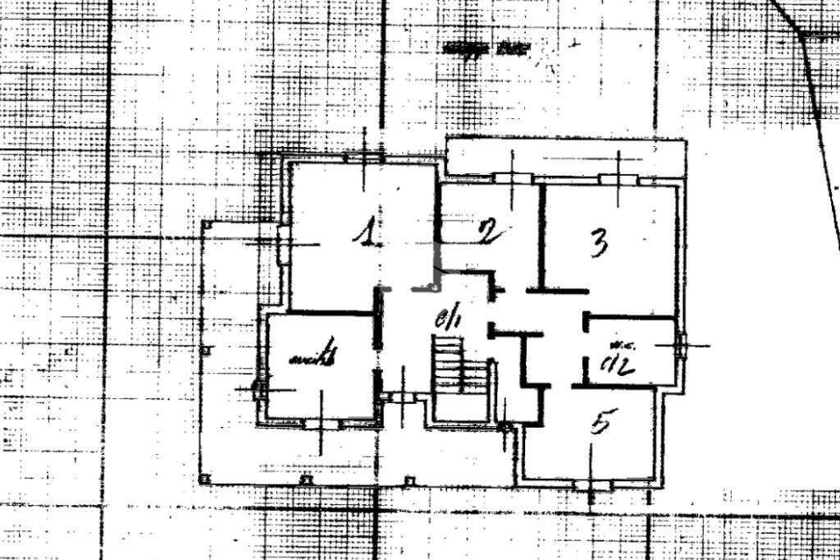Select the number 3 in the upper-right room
tap(600, 242)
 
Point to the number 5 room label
tap(600, 422)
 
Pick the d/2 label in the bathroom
tap(618, 364)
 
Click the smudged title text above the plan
tap(487, 48)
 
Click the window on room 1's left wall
tap(283, 244)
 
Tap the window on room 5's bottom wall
tap(593, 485)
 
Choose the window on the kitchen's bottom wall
tap(321, 424)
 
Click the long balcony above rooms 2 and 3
tap(566, 156)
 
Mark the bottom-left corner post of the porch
tap(205, 479)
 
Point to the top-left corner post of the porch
tap(208, 223)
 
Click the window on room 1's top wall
tap(363, 157)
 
